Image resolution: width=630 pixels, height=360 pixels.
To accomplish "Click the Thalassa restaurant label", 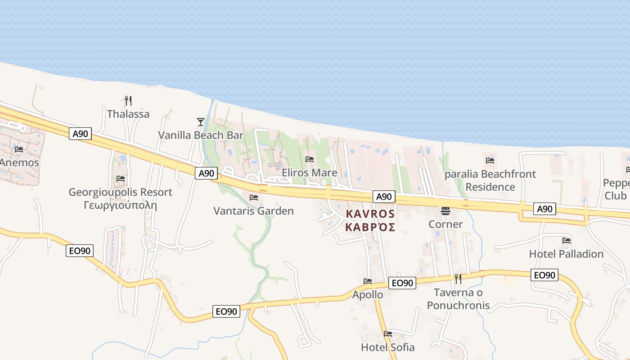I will pyautogui.click(x=128, y=114).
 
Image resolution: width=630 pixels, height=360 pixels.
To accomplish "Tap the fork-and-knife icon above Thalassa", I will pyautogui.click(x=128, y=100).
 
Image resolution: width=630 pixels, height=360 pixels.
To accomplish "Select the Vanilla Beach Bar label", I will pyautogui.click(x=201, y=135).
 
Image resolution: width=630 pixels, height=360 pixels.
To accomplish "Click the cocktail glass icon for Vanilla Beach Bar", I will pyautogui.click(x=201, y=121).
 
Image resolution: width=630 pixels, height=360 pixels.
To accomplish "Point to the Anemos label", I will pyautogui.click(x=19, y=162).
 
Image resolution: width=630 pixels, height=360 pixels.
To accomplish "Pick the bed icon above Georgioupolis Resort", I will pyautogui.click(x=121, y=179).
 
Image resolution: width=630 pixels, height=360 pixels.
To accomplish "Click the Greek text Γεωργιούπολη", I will pyautogui.click(x=120, y=206).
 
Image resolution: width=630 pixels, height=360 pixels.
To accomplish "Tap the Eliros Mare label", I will pyautogui.click(x=310, y=173).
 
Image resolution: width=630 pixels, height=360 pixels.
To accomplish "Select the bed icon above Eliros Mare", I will pyautogui.click(x=310, y=159).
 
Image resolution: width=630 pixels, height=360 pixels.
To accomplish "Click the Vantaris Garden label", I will pyautogui.click(x=253, y=211).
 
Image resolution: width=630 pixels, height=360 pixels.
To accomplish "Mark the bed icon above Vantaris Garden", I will pyautogui.click(x=254, y=197).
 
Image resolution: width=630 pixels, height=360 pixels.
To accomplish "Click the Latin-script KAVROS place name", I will pyautogui.click(x=370, y=214).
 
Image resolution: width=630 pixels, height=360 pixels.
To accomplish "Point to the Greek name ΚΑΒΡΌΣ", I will pyautogui.click(x=370, y=227).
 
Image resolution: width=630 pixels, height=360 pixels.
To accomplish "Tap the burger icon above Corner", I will pyautogui.click(x=445, y=211).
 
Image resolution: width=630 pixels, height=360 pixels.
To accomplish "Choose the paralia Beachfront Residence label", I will pyautogui.click(x=490, y=180).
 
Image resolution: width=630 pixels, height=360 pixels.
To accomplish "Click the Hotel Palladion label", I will pyautogui.click(x=566, y=254).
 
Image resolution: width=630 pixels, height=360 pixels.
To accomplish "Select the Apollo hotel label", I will pyautogui.click(x=368, y=295).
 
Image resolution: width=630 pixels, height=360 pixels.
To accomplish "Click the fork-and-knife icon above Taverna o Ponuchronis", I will pyautogui.click(x=458, y=279).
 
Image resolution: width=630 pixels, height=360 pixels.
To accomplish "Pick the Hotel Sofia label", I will pyautogui.click(x=388, y=347).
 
